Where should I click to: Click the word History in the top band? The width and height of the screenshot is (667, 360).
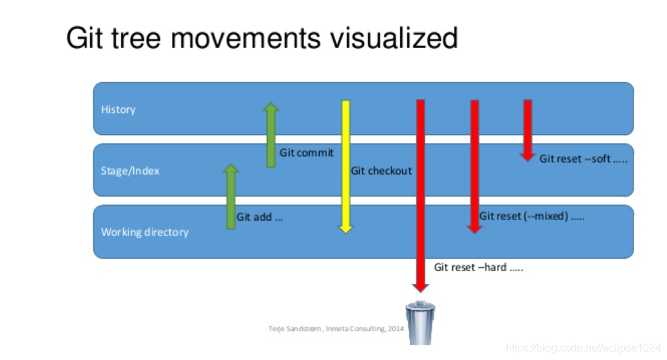(x=118, y=109)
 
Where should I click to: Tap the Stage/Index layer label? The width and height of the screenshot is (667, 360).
(x=130, y=171)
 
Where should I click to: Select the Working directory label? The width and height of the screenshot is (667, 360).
(x=145, y=232)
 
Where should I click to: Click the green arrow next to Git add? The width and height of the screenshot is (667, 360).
(x=231, y=197)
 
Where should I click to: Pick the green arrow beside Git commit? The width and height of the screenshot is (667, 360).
(x=270, y=135)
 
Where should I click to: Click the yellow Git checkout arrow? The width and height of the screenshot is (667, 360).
(x=346, y=167)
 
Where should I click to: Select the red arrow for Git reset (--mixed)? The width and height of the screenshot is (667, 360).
(x=474, y=167)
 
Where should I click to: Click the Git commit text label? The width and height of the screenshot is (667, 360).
(x=306, y=153)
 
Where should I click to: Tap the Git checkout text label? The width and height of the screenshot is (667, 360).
(x=381, y=171)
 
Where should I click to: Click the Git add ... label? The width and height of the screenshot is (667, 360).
(x=260, y=217)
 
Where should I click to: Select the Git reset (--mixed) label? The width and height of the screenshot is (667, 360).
(x=532, y=216)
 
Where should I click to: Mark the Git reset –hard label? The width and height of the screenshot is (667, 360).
(x=478, y=267)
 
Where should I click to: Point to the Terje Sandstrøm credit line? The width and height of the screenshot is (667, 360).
(x=335, y=329)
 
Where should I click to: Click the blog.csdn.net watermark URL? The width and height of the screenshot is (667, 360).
(x=583, y=348)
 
